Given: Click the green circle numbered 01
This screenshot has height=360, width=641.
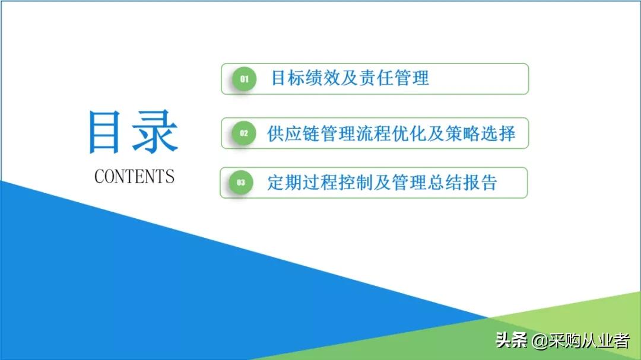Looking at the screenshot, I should (x=243, y=79).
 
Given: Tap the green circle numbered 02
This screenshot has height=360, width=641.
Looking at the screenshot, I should (x=243, y=133).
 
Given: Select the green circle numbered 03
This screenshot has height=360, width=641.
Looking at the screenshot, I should (x=241, y=183).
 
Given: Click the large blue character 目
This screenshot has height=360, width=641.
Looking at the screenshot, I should (x=107, y=132).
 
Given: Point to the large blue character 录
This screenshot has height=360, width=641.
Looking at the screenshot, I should (x=155, y=132).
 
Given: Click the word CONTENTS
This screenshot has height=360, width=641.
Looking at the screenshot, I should (x=134, y=176).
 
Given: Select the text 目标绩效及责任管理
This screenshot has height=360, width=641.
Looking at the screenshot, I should (x=350, y=78).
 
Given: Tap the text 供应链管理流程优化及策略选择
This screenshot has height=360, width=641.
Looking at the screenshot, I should (x=391, y=133).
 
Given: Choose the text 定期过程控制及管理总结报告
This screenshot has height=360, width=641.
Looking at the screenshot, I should (x=382, y=183).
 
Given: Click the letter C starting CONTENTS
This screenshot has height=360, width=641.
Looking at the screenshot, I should (x=99, y=176).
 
